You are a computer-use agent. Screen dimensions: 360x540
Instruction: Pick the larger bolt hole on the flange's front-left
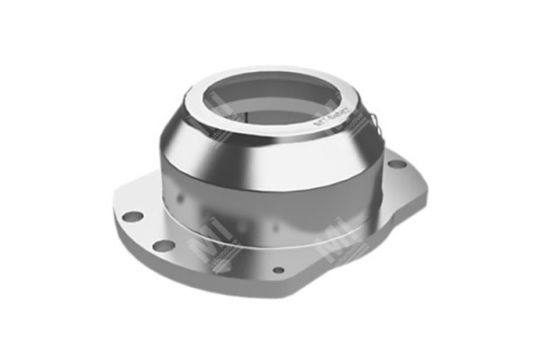[x=163, y=245]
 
